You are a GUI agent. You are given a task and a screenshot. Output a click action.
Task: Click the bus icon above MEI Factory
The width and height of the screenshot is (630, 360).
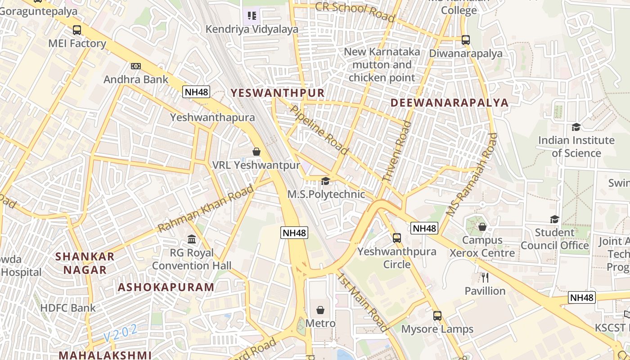pyautogui.click(x=77, y=30)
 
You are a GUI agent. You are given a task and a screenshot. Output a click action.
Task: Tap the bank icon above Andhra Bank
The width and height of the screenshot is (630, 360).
pyautogui.click(x=135, y=66)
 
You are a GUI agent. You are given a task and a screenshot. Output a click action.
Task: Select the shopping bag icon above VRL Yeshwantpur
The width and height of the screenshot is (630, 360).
pyautogui.click(x=256, y=152)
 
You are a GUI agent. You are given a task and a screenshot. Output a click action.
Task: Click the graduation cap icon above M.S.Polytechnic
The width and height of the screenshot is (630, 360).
pyautogui.click(x=325, y=181)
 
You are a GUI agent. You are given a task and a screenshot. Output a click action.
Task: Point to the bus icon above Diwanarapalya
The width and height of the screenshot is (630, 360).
pyautogui.click(x=466, y=40)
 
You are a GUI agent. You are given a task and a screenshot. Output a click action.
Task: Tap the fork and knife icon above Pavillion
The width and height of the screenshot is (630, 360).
pyautogui.click(x=485, y=277)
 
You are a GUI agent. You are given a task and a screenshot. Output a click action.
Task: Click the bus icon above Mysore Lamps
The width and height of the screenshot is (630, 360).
pyautogui.click(x=437, y=315)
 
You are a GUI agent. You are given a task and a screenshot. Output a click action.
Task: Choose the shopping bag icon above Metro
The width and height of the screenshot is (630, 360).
pyautogui.click(x=320, y=310)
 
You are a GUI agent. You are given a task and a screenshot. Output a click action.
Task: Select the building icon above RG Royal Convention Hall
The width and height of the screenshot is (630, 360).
pyautogui.click(x=192, y=239)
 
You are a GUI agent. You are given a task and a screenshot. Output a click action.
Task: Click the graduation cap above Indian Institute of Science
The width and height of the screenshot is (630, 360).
pyautogui.click(x=576, y=127)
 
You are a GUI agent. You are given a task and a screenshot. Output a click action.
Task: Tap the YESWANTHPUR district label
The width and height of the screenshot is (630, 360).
pyautogui.click(x=277, y=93)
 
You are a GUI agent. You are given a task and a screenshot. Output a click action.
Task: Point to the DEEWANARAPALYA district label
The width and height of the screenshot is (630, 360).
pyautogui.click(x=449, y=103)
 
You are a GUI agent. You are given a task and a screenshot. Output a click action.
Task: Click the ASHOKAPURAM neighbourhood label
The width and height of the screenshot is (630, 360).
pyautogui.click(x=166, y=287)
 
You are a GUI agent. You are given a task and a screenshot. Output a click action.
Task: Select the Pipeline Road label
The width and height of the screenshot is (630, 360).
pyautogui.click(x=320, y=130)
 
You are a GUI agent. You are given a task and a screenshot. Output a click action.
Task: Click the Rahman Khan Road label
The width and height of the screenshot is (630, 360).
pyautogui.click(x=207, y=208)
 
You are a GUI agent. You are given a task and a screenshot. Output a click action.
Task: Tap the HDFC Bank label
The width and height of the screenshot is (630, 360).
pyautogui.click(x=68, y=308)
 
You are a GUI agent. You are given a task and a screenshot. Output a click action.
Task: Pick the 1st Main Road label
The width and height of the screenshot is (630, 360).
pyautogui.click(x=364, y=302)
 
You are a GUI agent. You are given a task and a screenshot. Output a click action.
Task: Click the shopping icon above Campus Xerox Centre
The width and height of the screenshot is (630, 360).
pyautogui.click(x=482, y=227)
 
